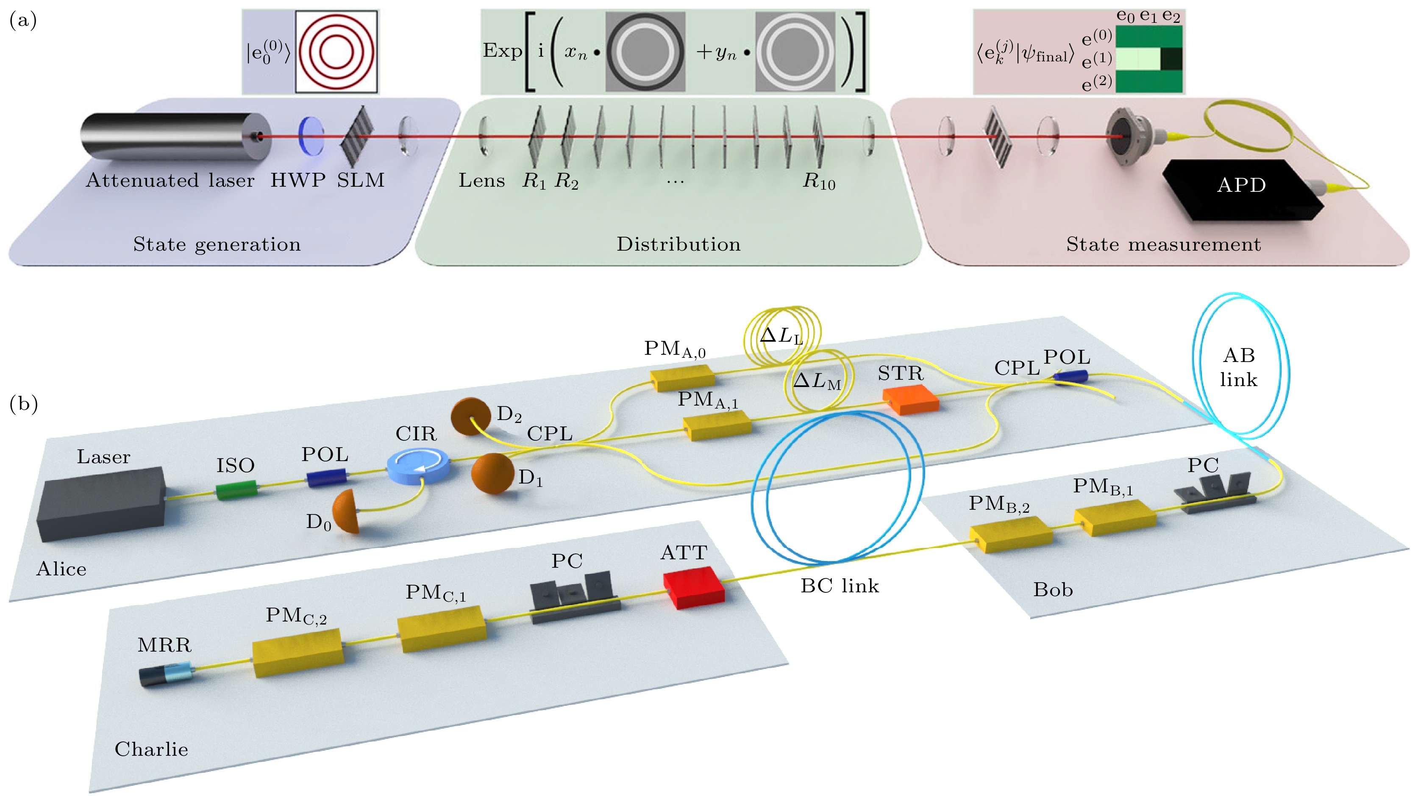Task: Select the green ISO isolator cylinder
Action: tap(236, 489)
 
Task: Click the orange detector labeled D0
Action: tap(347, 511)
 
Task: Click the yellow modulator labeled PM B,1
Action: tap(1115, 517)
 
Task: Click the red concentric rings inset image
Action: tap(336, 52)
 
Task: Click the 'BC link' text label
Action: tap(840, 586)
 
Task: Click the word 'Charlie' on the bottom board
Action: tap(151, 749)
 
